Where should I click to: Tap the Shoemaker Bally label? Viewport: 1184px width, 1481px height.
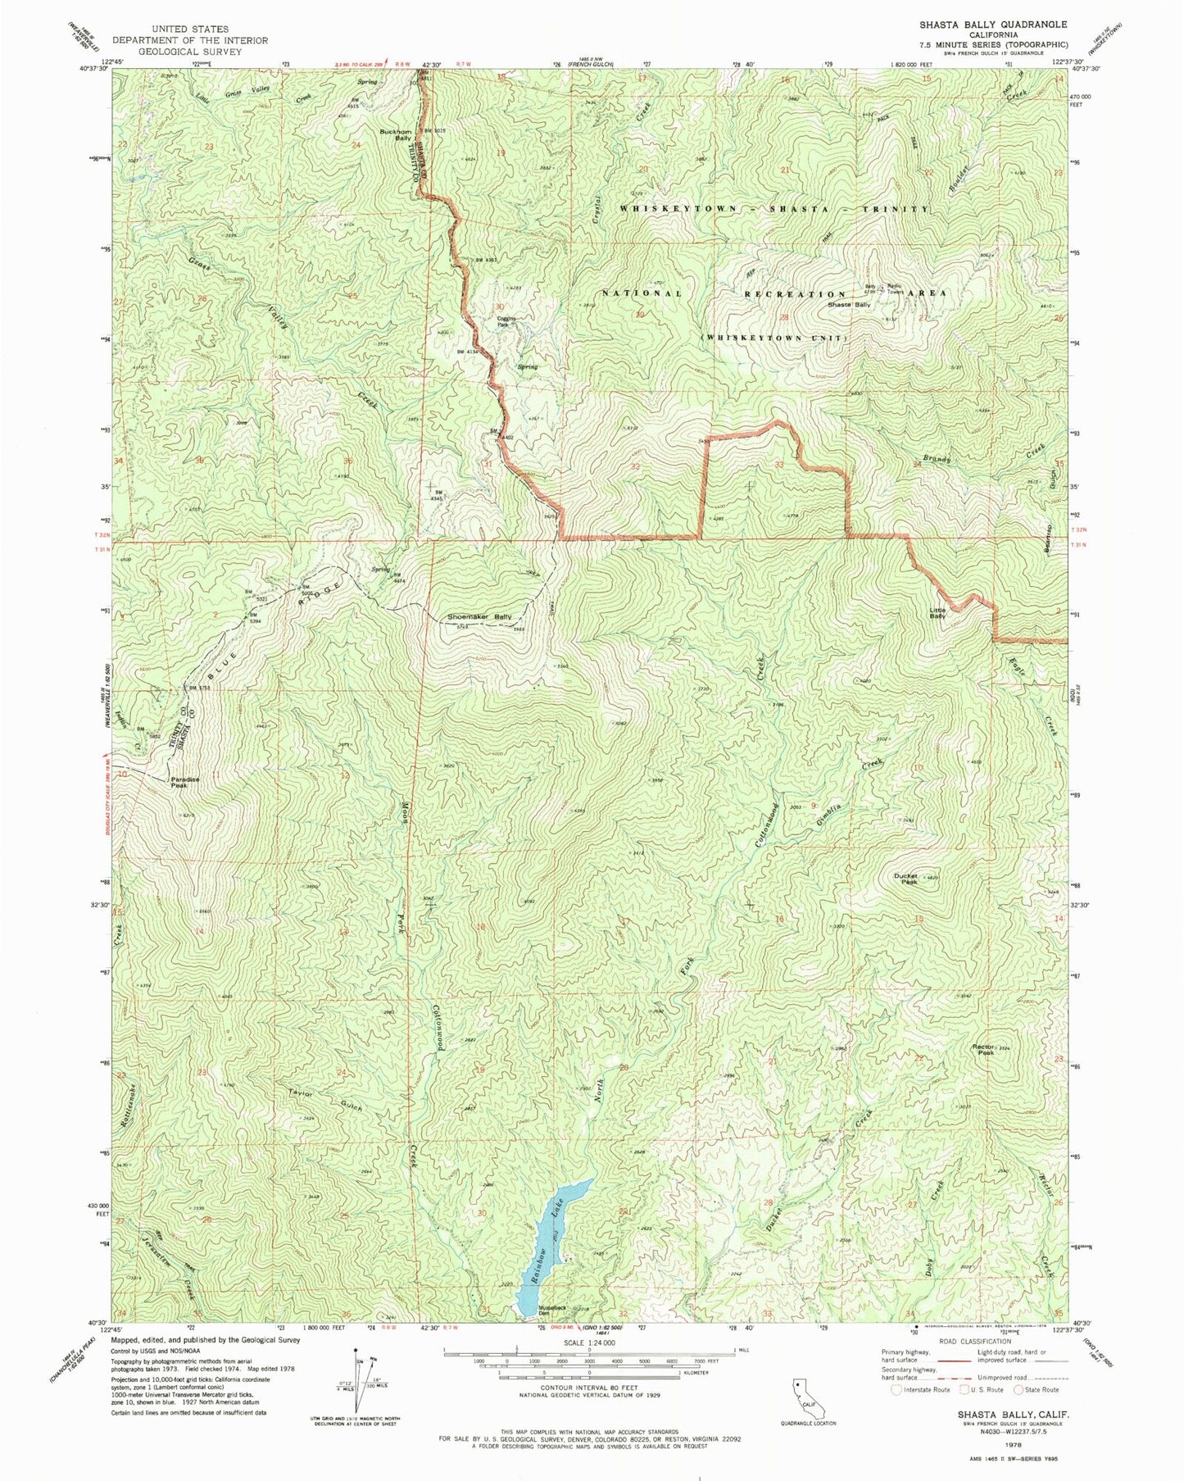pyautogui.click(x=479, y=616)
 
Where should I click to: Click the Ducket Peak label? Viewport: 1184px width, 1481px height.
pyautogui.click(x=908, y=879)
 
